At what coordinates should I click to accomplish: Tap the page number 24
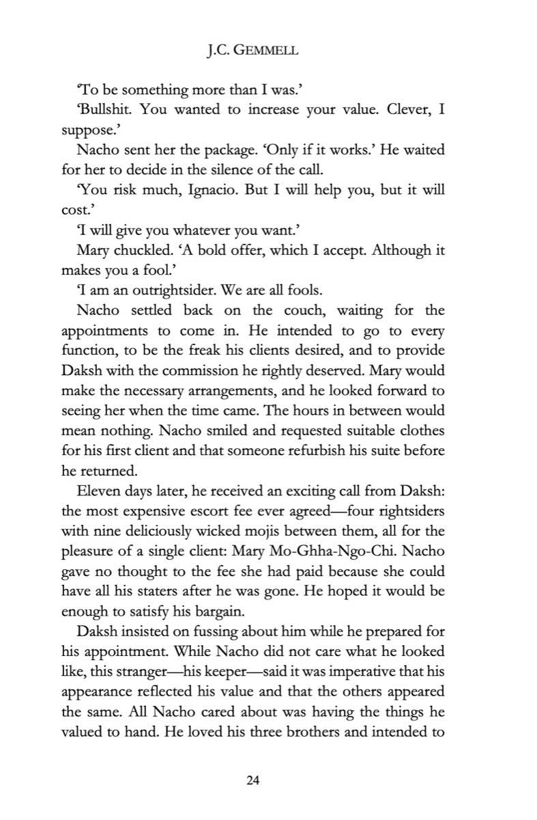268,780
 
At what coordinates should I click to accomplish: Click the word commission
233,370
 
